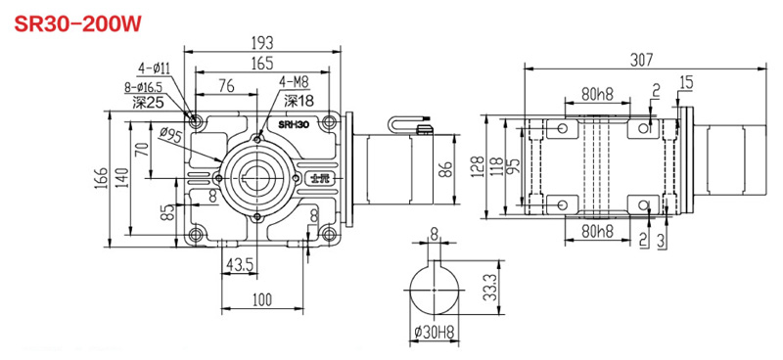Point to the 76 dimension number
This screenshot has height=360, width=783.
226,86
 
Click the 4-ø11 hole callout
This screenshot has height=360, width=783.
155,68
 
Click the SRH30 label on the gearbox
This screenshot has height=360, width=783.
293,124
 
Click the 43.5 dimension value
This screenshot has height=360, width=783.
242,266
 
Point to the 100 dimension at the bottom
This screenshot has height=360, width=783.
261,300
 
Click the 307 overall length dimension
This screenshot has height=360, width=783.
642,60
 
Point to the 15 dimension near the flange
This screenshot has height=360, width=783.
686,81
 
